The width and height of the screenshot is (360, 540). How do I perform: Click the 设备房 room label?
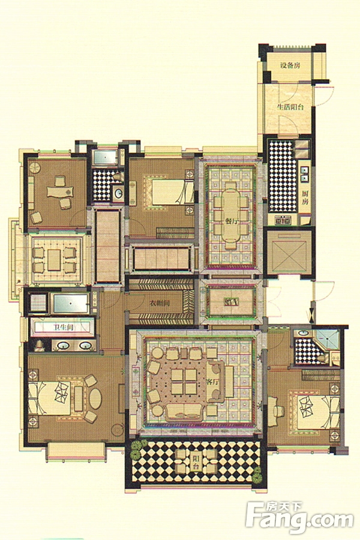click(x=290, y=65)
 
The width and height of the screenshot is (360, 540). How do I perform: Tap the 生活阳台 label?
click(x=290, y=107)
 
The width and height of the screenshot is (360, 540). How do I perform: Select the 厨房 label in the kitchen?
click(x=305, y=197)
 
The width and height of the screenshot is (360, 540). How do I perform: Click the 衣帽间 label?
click(x=160, y=304)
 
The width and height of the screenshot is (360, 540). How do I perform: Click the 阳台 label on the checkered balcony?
click(x=196, y=463)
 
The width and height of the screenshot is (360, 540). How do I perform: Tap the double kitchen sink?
click(x=304, y=174)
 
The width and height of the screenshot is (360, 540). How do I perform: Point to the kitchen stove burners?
click(x=283, y=220)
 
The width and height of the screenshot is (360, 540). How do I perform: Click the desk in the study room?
click(x=61, y=191)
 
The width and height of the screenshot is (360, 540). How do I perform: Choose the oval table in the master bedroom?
click(x=95, y=399)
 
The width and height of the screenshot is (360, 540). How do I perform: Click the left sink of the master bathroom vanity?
click(x=63, y=345)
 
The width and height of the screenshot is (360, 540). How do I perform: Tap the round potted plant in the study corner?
click(x=35, y=169)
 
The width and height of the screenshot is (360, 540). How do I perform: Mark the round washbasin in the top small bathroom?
click(x=118, y=193)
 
